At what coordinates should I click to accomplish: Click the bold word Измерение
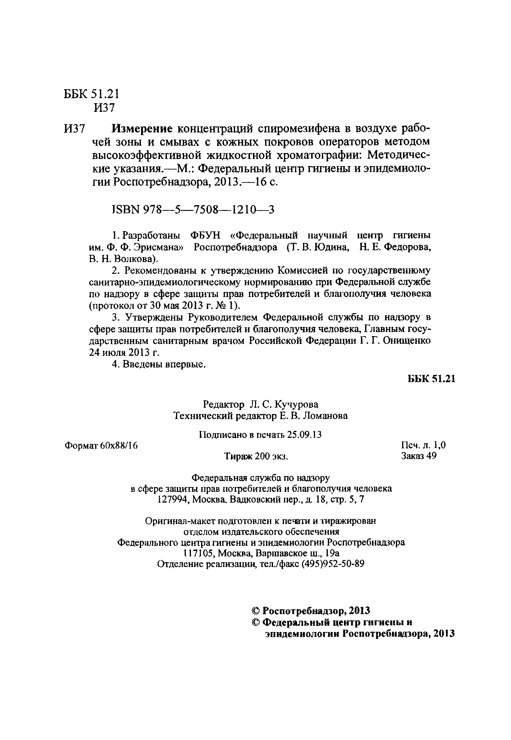tap(142, 129)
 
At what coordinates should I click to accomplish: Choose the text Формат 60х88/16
tap(101, 445)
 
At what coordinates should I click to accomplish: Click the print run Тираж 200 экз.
tap(256, 456)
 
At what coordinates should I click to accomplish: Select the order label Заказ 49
tap(419, 456)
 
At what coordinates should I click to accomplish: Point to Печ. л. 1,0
tap(423, 445)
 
